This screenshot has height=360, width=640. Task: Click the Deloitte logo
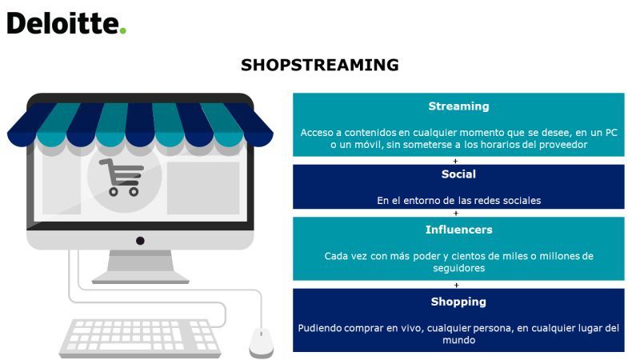(66, 23)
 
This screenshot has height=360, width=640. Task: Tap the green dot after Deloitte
(123, 30)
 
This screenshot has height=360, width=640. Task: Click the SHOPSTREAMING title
(319, 65)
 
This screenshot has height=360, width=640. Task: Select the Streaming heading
(458, 106)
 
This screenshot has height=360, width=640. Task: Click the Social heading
(458, 174)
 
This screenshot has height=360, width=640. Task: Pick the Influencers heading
(458, 230)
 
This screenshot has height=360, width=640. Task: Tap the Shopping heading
(458, 302)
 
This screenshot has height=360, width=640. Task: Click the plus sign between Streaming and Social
(455, 161)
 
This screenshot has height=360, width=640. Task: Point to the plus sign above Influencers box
(456, 213)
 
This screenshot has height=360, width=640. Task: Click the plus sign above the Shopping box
(456, 285)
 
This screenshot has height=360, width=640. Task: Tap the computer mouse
(262, 342)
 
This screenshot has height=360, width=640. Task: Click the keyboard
(140, 338)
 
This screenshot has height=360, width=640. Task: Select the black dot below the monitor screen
(140, 241)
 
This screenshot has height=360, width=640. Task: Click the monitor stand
(141, 266)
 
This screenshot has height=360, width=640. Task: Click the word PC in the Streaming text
(611, 133)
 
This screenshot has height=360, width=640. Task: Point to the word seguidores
(458, 268)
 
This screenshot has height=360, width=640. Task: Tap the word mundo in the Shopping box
(458, 340)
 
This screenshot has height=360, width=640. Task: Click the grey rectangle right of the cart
(203, 188)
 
